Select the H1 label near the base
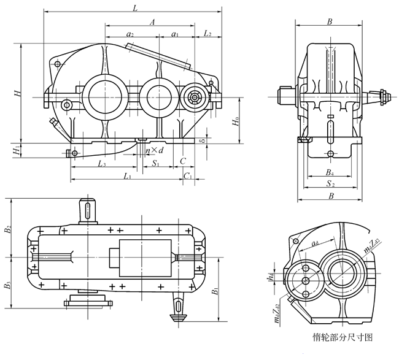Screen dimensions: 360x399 pyautogui.click(x=17, y=149)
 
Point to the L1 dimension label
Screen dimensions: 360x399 pyautogui.click(x=126, y=176)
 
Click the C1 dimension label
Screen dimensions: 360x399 pyautogui.click(x=188, y=176)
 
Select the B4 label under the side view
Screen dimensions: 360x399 pyautogui.click(x=330, y=172)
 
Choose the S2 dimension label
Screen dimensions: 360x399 pyautogui.click(x=330, y=183)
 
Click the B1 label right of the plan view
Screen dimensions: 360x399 pyautogui.click(x=214, y=290)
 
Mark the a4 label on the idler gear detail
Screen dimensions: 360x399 pyautogui.click(x=315, y=244)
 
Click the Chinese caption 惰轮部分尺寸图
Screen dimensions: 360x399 pyautogui.click(x=343, y=337)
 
